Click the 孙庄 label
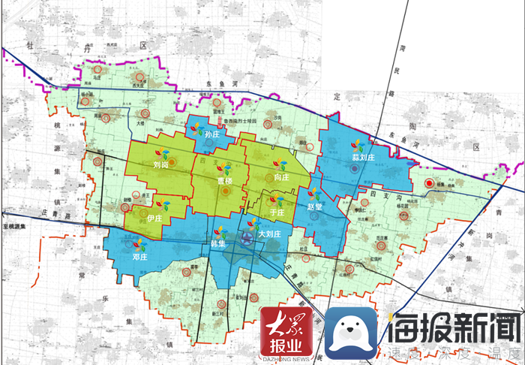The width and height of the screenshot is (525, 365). tap(211, 134)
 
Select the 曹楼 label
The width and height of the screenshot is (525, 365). tap(225, 181)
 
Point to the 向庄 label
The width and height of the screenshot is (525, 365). tap(282, 177)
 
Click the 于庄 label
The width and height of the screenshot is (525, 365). tap(277, 213)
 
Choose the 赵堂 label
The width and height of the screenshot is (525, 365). tap(315, 206)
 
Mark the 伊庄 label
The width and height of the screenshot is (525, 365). tap(155, 218)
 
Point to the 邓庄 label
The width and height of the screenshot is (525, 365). tap(139, 257)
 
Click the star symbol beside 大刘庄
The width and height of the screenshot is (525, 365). tap(248, 240)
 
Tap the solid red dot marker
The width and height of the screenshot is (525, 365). tap(428, 182)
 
